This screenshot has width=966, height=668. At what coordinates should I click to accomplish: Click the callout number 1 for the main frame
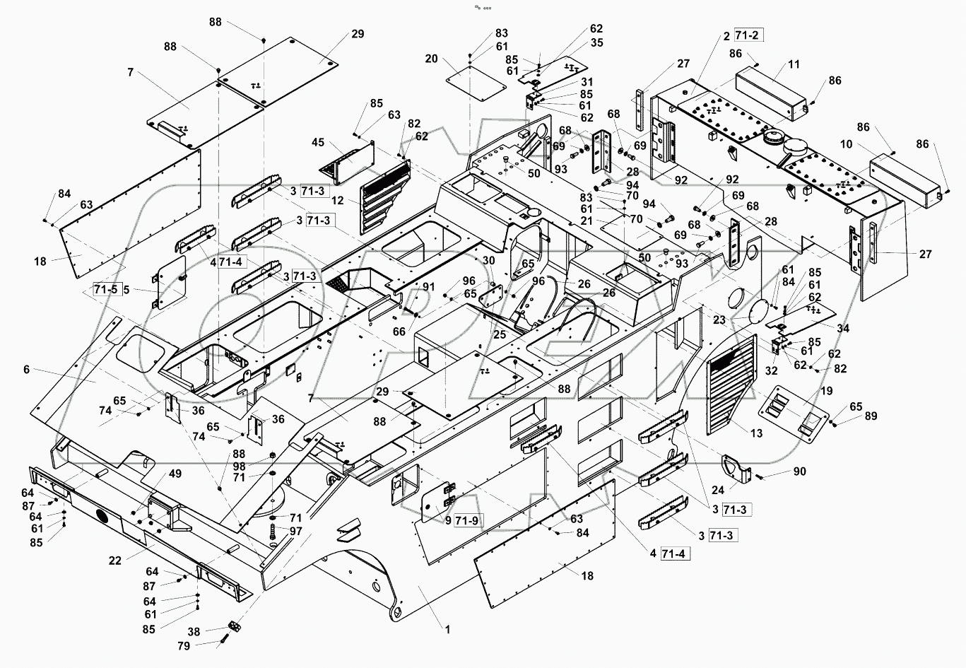pos(446,628)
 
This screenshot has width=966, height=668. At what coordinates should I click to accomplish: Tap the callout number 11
pos(794,64)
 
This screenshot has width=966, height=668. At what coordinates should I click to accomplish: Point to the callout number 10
pos(846,144)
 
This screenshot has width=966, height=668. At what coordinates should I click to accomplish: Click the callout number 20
pos(432,59)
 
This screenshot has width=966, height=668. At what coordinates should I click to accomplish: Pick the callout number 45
pos(318,143)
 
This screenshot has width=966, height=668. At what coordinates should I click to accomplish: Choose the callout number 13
pos(757,433)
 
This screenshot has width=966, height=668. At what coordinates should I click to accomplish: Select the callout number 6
pos(26,370)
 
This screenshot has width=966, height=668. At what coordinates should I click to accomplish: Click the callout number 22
pos(115,561)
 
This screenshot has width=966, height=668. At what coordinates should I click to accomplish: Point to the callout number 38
pos(194,632)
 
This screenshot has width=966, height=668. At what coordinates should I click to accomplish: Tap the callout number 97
pos(296,531)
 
